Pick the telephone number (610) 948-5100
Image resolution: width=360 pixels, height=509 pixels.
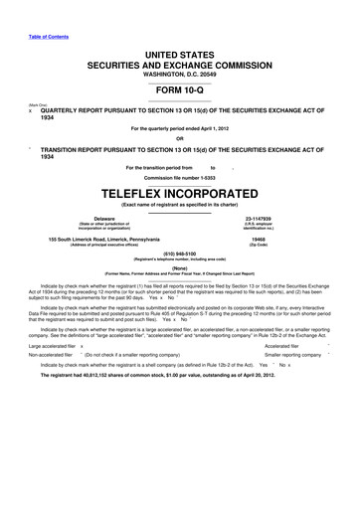(x=179, y=254)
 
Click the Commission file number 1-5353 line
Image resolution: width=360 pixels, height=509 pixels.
(x=179, y=176)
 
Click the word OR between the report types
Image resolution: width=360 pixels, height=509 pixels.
(x=179, y=138)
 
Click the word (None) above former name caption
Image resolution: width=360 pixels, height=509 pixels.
(x=179, y=267)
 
